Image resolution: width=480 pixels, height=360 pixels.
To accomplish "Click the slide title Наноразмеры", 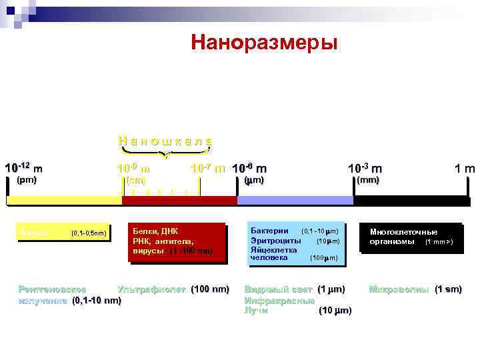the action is point(264,43).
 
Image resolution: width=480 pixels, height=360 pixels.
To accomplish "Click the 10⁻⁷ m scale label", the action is point(207,168).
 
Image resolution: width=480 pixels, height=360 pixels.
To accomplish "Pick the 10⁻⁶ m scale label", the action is point(250,168).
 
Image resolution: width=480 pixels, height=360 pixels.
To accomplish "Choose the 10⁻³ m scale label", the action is point(365,169).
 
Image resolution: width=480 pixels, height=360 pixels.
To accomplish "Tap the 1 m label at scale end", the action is point(465,169).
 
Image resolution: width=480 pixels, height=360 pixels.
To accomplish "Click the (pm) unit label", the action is point(26,180).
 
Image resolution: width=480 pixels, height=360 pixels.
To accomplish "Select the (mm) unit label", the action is point(368,180).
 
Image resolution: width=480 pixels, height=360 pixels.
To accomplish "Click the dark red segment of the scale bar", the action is point(179,200).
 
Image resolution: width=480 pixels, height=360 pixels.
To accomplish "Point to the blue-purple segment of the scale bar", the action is point(295,200).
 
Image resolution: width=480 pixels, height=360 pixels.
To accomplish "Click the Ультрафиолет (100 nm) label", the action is point(173,289).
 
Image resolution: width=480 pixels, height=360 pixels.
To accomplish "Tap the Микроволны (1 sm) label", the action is point(415,289).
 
